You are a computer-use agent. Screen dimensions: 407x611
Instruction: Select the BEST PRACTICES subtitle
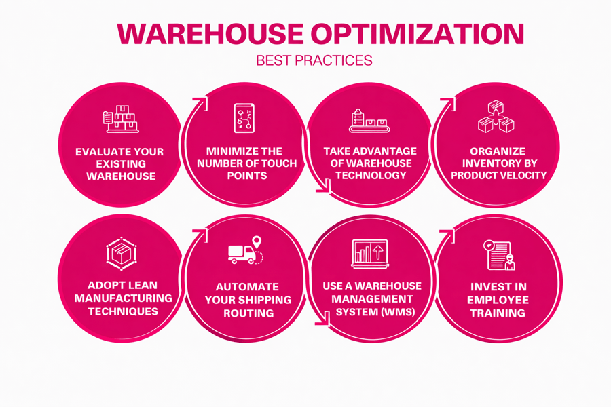314,60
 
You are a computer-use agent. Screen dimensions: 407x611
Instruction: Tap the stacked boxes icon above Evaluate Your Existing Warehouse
120,119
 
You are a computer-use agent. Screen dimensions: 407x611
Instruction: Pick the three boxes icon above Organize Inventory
496,117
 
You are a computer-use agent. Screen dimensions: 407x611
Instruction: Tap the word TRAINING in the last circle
500,313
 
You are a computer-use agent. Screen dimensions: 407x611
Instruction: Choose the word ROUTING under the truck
248,313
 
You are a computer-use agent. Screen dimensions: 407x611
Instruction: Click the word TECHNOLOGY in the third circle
370,175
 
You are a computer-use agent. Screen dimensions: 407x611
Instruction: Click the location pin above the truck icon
257,242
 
